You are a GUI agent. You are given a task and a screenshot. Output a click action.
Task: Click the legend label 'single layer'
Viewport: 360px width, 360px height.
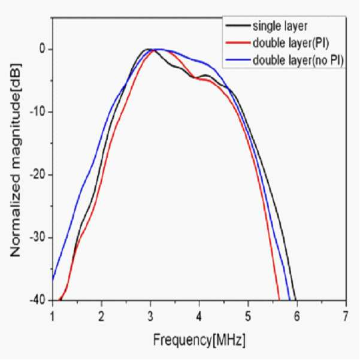coord(280,26)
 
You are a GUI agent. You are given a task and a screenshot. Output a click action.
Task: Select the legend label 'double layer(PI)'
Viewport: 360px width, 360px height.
coord(291,43)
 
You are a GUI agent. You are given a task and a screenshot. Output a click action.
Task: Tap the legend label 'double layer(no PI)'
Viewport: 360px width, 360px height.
coord(298,60)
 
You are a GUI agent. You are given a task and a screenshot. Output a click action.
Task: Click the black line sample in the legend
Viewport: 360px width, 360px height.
coord(238,26)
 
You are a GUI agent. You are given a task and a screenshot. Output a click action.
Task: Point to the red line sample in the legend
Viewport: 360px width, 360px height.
coord(238,43)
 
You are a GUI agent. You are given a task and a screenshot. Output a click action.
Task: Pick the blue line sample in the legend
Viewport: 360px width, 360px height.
coord(238,60)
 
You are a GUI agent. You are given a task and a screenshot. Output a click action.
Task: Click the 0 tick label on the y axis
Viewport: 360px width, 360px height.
coord(43,49)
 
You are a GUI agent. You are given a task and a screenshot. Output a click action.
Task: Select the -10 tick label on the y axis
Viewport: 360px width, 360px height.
coord(38,112)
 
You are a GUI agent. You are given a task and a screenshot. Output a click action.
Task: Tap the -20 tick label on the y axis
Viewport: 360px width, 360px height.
coord(38,174)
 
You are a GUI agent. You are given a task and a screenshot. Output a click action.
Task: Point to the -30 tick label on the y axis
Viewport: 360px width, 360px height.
coord(38,237)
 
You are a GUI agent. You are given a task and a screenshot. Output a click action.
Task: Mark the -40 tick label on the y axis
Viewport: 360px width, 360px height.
coord(38,300)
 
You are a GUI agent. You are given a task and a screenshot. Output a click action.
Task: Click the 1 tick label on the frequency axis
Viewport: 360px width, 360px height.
coord(53,317)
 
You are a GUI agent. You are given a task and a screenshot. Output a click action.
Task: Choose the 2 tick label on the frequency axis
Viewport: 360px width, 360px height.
coord(101,317)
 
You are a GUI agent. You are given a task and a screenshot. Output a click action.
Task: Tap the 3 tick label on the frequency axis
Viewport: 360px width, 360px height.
coord(150,317)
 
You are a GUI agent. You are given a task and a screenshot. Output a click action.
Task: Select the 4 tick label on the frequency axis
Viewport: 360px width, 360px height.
coord(199,317)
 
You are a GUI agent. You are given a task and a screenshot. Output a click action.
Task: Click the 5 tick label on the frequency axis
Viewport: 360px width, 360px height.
coord(248,317)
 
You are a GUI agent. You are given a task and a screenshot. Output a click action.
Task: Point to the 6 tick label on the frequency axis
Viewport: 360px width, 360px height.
coord(297,317)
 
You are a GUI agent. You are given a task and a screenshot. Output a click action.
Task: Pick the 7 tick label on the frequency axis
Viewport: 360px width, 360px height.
coord(346,317)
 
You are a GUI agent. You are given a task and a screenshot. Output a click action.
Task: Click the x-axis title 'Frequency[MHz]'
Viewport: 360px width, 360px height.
coord(199,340)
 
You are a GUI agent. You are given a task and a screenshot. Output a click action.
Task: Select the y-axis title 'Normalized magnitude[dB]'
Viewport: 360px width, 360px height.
coord(16,160)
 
